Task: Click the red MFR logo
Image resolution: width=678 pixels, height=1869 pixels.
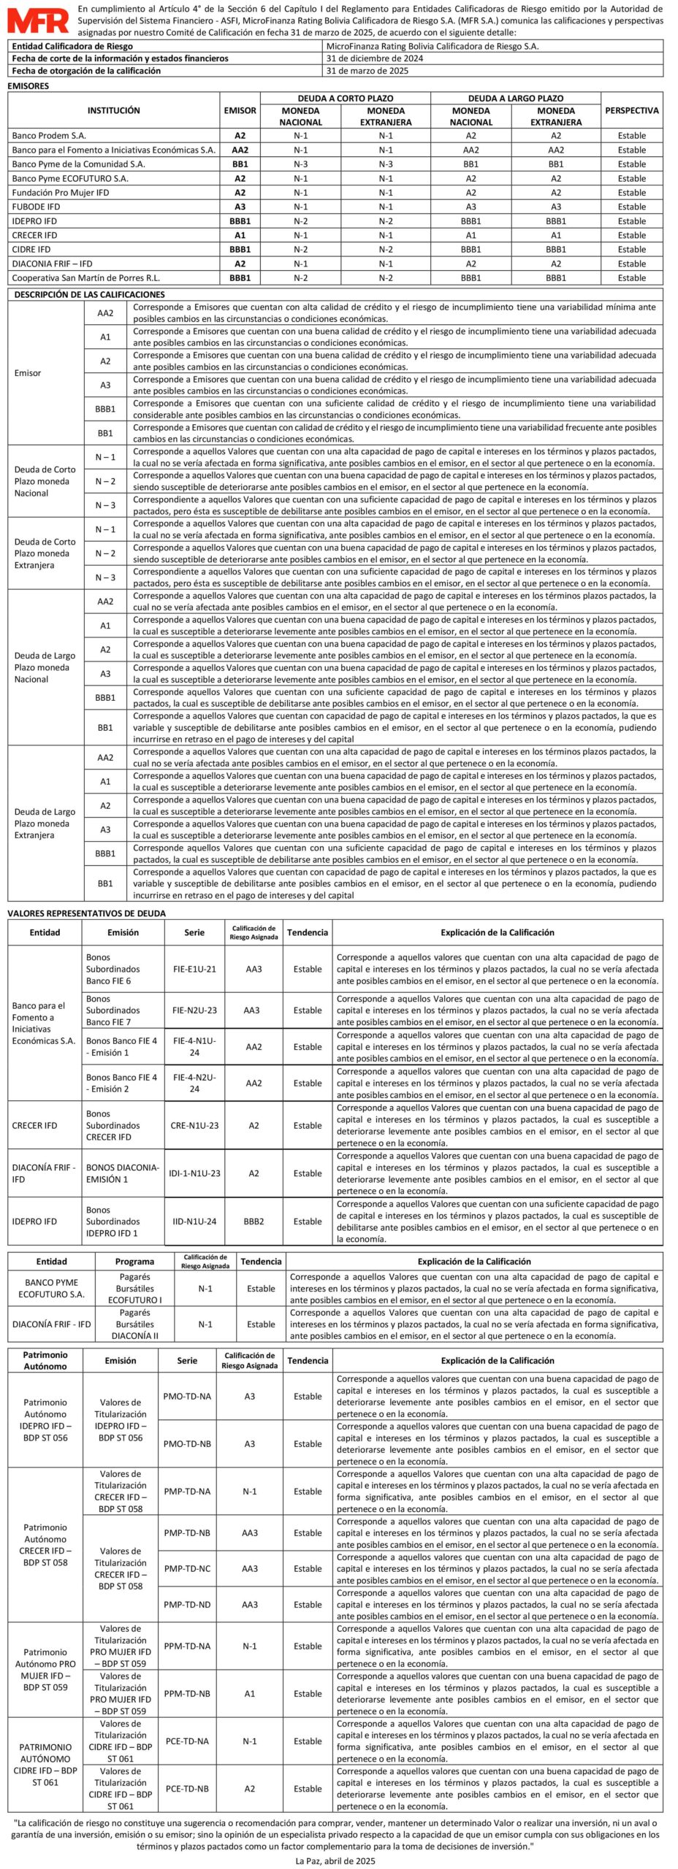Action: pos(38,20)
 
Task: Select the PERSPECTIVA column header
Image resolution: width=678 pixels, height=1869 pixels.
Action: pos(631,110)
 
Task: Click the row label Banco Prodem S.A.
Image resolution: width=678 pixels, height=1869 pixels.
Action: pos(49,136)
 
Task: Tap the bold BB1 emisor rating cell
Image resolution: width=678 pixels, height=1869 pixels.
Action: pos(240,164)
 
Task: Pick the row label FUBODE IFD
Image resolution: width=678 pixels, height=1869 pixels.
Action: pos(36,207)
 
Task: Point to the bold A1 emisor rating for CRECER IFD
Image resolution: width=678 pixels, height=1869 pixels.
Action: pos(240,235)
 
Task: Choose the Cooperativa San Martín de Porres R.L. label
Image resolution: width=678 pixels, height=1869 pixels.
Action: pos(85,278)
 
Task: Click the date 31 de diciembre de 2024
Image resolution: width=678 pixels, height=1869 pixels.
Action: pos(375,58)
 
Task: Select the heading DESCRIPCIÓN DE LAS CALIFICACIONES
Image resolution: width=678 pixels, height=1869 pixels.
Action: pos(90,294)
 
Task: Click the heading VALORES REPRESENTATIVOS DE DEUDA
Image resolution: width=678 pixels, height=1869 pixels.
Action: pos(86,913)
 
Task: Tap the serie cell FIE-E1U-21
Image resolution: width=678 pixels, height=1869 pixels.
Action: pos(194,969)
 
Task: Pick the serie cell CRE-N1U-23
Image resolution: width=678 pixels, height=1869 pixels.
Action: pos(194,1125)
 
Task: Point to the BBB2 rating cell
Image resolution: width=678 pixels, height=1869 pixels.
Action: pos(254,1221)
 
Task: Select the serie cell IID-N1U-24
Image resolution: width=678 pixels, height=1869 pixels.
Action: pos(194,1221)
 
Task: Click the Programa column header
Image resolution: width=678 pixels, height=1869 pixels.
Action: pos(134,1261)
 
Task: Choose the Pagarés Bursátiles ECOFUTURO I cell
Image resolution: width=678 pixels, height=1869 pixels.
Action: pos(134,1288)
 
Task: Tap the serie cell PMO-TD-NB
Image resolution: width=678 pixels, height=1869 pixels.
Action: pos(187,1443)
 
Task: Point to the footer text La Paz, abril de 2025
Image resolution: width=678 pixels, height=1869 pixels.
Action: pos(335,1861)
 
